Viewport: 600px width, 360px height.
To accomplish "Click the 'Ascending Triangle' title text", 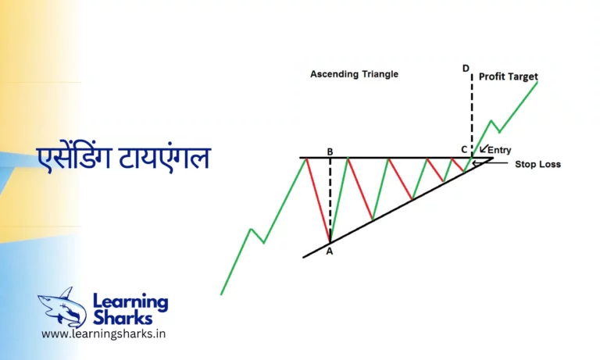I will tap(354, 74).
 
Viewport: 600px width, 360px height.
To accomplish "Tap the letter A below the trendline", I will tap(329, 251).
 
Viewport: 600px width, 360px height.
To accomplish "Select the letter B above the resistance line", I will tap(330, 151).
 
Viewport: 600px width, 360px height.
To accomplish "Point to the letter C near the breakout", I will tap(464, 149).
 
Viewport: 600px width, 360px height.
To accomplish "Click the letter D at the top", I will tap(466, 69).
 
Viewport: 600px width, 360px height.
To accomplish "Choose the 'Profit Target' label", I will tap(509, 77).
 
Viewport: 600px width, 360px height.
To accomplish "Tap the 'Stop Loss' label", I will tap(537, 165).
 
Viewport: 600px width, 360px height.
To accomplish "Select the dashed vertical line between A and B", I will tap(330, 199).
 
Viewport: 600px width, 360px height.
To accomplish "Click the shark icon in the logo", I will tap(62, 306).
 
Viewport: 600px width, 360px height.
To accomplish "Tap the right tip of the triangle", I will tap(493, 159).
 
